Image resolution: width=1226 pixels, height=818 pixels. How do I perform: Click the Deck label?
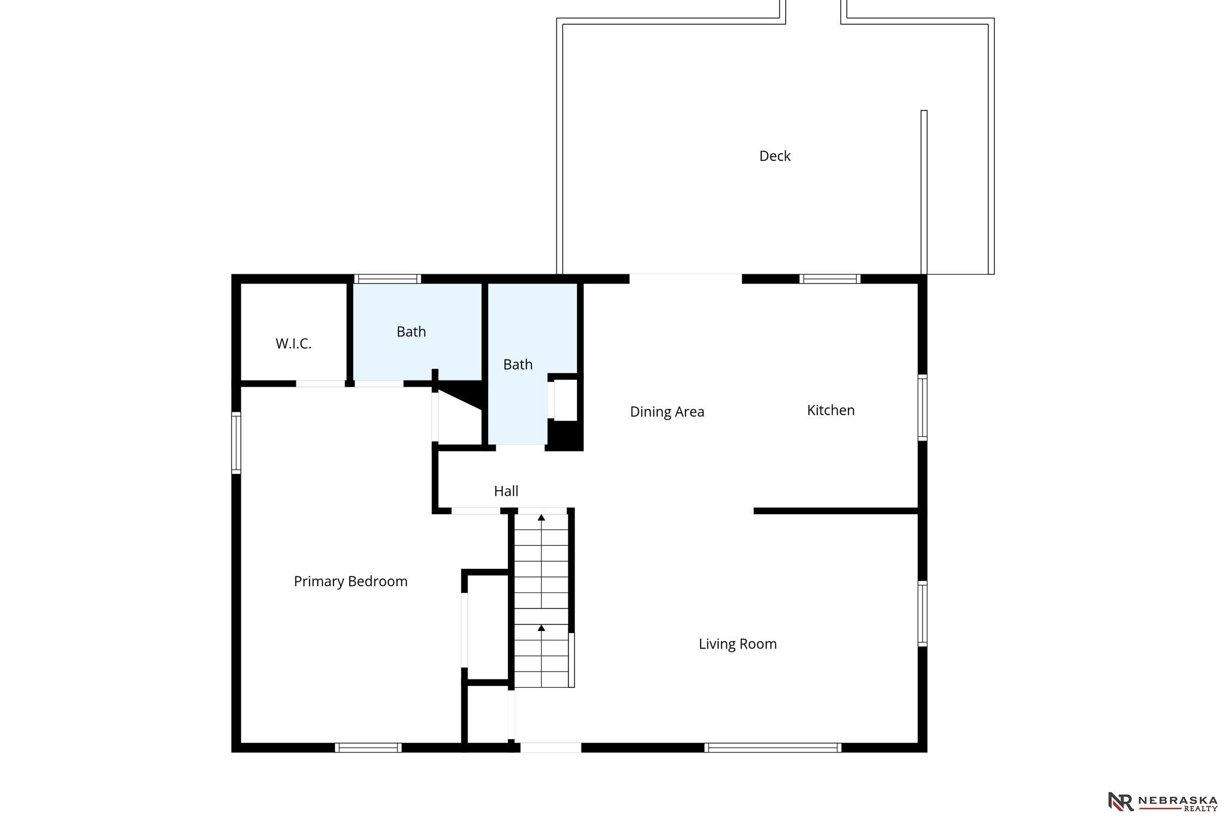[774, 156]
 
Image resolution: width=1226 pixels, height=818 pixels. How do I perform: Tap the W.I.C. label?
[293, 344]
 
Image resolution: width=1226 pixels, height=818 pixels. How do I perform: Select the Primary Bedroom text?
[350, 581]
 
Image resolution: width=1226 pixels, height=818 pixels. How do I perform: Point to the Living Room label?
[737, 644]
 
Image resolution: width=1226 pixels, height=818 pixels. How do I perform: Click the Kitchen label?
[830, 410]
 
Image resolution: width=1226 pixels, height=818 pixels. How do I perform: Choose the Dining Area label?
[667, 412]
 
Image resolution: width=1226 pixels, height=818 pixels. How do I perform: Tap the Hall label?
[506, 491]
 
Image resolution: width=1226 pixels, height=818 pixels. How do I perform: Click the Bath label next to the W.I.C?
[411, 332]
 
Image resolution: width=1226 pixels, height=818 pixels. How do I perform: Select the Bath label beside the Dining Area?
[518, 364]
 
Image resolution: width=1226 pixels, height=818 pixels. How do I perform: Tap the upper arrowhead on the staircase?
[541, 517]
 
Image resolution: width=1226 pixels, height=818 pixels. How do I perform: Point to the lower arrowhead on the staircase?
[541, 628]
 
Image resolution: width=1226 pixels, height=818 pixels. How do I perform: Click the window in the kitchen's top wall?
[830, 279]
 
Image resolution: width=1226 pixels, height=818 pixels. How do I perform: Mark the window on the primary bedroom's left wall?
[236, 442]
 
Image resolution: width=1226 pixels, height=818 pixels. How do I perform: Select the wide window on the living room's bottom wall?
[772, 748]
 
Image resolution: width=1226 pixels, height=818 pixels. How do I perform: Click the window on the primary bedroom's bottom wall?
[368, 748]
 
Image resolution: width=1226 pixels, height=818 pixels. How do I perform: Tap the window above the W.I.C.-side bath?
[387, 279]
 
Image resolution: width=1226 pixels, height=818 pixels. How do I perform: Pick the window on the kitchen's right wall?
[922, 407]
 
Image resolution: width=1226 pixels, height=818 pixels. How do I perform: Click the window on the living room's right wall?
[922, 613]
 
